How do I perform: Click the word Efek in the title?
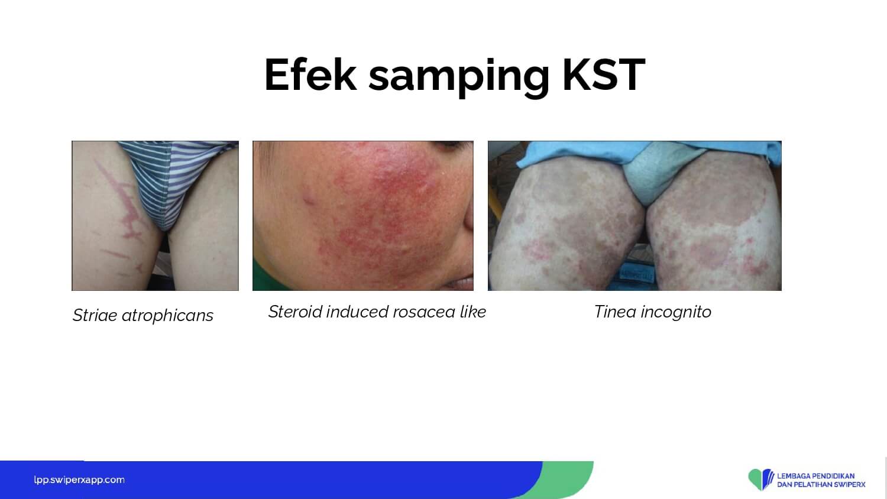(x=310, y=74)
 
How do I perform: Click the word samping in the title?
(x=458, y=78)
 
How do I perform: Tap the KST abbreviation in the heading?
(x=604, y=74)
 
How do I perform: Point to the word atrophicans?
(x=167, y=316)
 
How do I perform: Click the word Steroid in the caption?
(x=296, y=312)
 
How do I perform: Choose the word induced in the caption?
(x=357, y=312)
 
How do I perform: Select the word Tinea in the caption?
(x=615, y=312)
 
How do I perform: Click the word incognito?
(x=676, y=313)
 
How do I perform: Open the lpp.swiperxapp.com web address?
(x=79, y=480)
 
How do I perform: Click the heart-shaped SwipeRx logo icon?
(x=761, y=479)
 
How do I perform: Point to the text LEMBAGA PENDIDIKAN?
(x=815, y=475)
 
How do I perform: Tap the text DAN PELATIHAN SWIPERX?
(x=821, y=484)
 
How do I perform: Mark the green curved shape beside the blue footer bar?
(x=562, y=479)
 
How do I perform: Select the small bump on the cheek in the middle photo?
(x=309, y=197)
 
